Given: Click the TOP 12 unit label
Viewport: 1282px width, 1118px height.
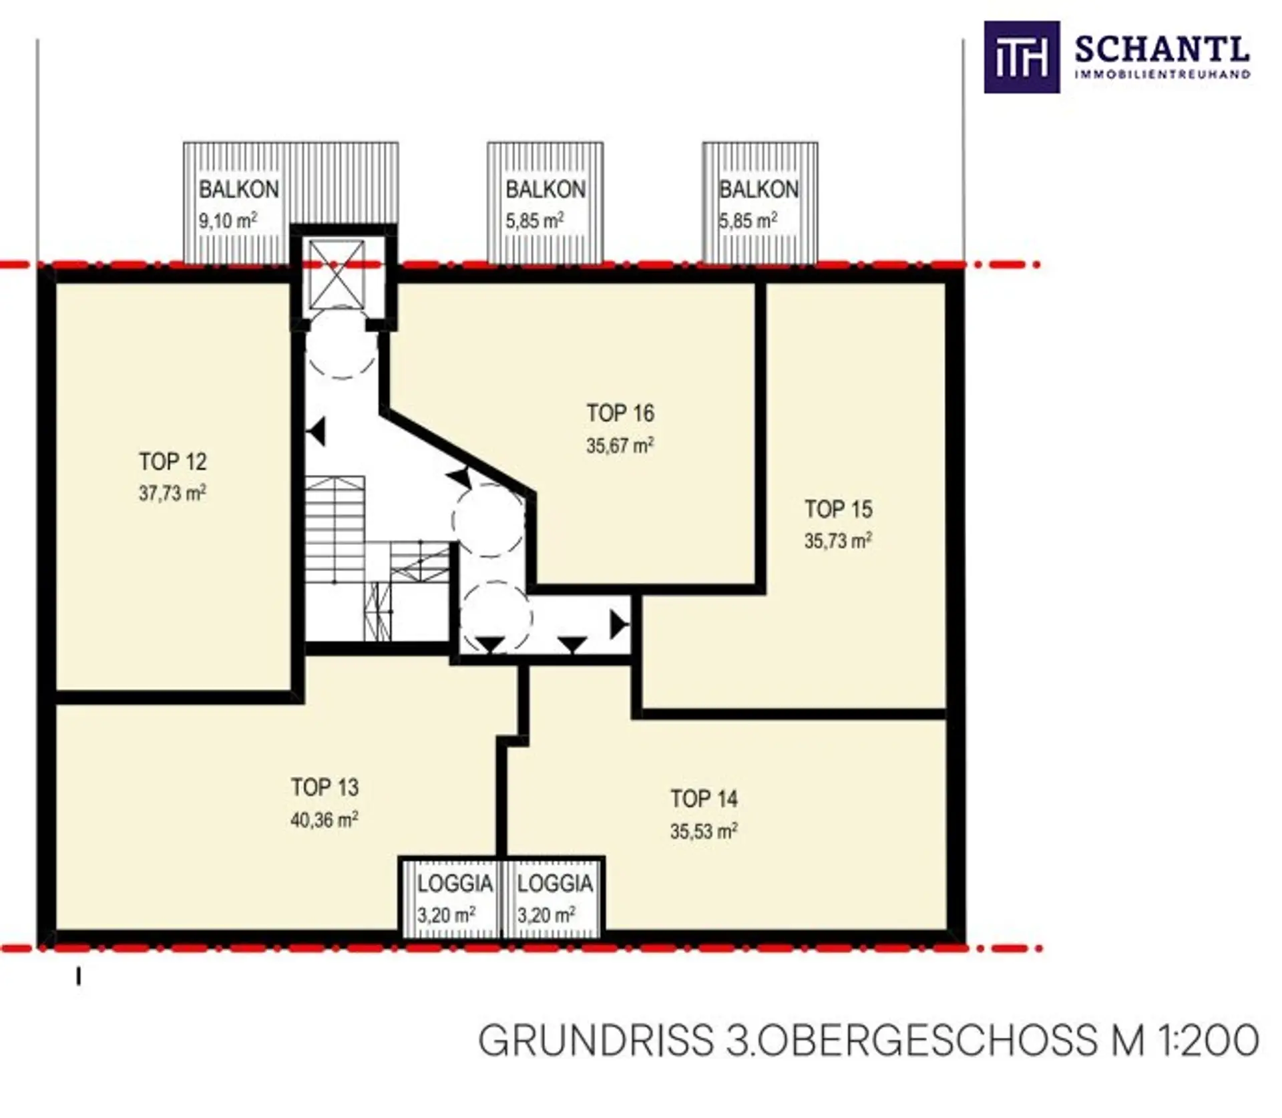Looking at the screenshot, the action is [x=173, y=461].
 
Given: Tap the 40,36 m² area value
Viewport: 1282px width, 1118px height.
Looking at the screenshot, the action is [x=325, y=819].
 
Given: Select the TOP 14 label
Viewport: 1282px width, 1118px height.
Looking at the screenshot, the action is [x=704, y=799].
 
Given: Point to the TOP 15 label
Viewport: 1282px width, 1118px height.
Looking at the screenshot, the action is [x=839, y=509].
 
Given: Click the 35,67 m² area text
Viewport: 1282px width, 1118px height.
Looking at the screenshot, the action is [x=620, y=445].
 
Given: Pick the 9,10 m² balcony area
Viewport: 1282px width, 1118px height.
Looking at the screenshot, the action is [x=228, y=220].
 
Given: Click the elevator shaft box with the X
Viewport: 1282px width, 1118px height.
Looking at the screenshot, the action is [x=337, y=275].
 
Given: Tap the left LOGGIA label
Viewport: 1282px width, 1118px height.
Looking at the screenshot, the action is [x=455, y=884].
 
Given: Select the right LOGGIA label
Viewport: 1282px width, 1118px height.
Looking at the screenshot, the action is [x=555, y=884].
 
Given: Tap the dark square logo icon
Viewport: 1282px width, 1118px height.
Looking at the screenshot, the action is [x=1022, y=57].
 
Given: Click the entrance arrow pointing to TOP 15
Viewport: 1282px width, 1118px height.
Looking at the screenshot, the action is [x=619, y=625].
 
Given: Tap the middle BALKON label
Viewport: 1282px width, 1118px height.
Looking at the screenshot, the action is [x=546, y=189].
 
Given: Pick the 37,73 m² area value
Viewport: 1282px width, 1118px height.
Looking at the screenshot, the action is [x=172, y=494].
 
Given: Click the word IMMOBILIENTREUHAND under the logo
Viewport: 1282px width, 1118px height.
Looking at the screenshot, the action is [x=1162, y=74].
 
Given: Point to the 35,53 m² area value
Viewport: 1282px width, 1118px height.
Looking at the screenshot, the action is [x=704, y=831].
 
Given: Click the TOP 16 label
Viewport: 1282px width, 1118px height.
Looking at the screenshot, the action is [x=620, y=413].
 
